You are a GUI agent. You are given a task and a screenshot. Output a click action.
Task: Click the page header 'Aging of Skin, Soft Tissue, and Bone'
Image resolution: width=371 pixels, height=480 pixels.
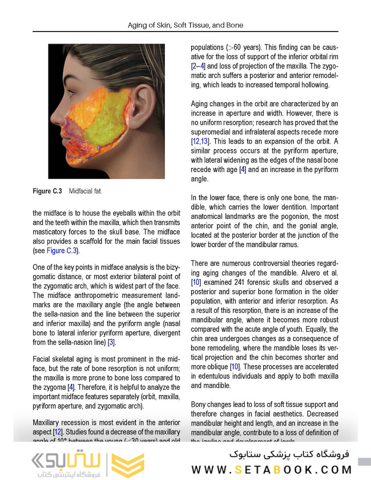coord(185,25)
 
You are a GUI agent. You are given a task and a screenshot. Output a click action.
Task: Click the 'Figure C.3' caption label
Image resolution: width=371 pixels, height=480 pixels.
coord(47,191)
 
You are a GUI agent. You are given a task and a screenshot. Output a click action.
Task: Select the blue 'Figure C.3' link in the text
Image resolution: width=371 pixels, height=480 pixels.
coord(62,251)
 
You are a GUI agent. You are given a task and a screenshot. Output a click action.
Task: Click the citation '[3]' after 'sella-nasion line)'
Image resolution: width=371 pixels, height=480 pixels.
coord(111,342)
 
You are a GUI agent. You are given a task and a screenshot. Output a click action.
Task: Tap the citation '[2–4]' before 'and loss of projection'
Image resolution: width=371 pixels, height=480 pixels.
coord(198,66)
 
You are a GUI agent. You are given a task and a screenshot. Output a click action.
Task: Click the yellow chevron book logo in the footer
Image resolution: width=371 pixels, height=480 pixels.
coord(128,465)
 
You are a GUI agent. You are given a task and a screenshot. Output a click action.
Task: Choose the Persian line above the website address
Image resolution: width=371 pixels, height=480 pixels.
coord(290,455)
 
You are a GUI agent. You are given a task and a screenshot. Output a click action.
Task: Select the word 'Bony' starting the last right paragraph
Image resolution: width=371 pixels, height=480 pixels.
coord(199,404)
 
